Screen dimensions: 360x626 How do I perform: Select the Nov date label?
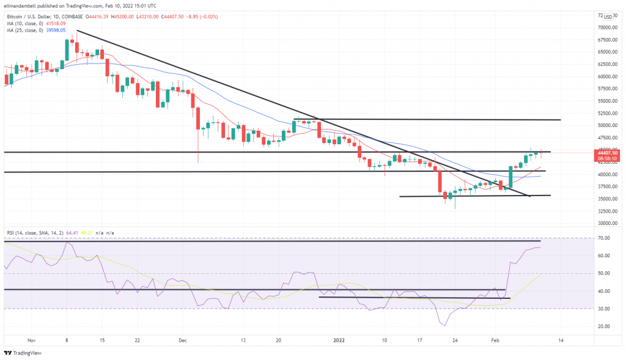[x=32, y=340]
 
